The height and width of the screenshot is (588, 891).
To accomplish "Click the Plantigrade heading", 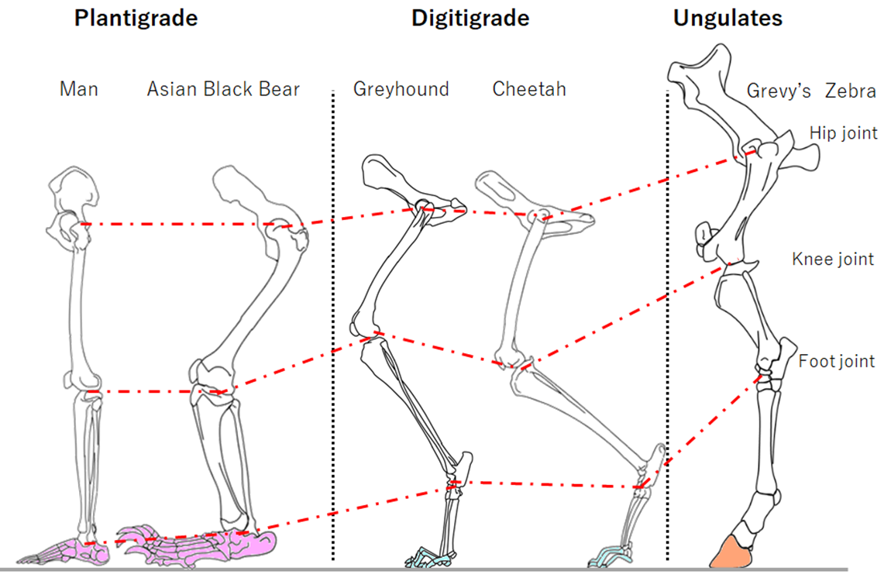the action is pos(136,18).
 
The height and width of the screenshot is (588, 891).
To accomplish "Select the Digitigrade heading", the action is pos(470,18).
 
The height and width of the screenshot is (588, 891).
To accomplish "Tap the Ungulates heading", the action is pos(728,18).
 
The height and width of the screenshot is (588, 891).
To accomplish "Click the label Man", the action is pos(79,89).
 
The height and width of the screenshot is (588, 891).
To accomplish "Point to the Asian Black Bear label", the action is pos(223,89).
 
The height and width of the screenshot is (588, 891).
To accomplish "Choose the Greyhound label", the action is pos(401,89).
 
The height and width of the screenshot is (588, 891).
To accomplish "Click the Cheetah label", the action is pos(529,89).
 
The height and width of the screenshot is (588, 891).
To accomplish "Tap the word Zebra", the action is pos(851,91).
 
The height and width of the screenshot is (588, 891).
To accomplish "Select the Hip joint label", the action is pos(843,133).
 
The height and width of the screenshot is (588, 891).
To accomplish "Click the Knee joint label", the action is pos(832,259).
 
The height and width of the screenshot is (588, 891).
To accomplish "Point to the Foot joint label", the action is pos(837,361).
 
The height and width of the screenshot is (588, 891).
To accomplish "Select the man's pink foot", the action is pos(63,553).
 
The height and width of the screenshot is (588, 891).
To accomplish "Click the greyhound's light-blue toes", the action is pos(429,558).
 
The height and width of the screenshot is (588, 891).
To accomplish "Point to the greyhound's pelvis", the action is pos(409,184).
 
